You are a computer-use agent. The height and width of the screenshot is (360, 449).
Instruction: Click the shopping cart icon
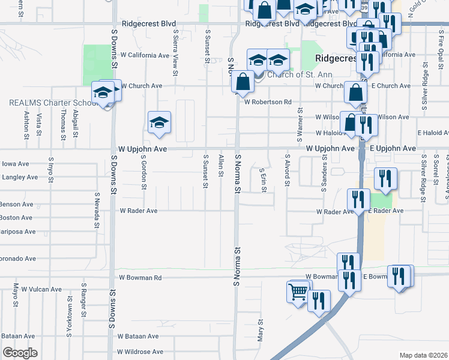298,292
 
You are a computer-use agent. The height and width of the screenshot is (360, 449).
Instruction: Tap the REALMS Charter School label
53,103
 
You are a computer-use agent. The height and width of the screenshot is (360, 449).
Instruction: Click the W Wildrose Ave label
140,352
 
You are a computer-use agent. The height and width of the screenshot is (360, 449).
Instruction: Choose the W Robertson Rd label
268,102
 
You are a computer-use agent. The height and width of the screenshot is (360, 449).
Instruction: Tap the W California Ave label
145,55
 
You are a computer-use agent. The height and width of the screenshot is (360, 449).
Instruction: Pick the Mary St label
261,330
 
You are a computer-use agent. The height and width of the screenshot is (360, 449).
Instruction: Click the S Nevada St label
97,210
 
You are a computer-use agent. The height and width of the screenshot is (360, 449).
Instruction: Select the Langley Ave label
16,178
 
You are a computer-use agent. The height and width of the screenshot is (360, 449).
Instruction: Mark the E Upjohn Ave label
393,148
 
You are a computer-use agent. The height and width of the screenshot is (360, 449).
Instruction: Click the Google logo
20,353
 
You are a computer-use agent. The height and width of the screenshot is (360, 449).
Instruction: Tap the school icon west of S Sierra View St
159,122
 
